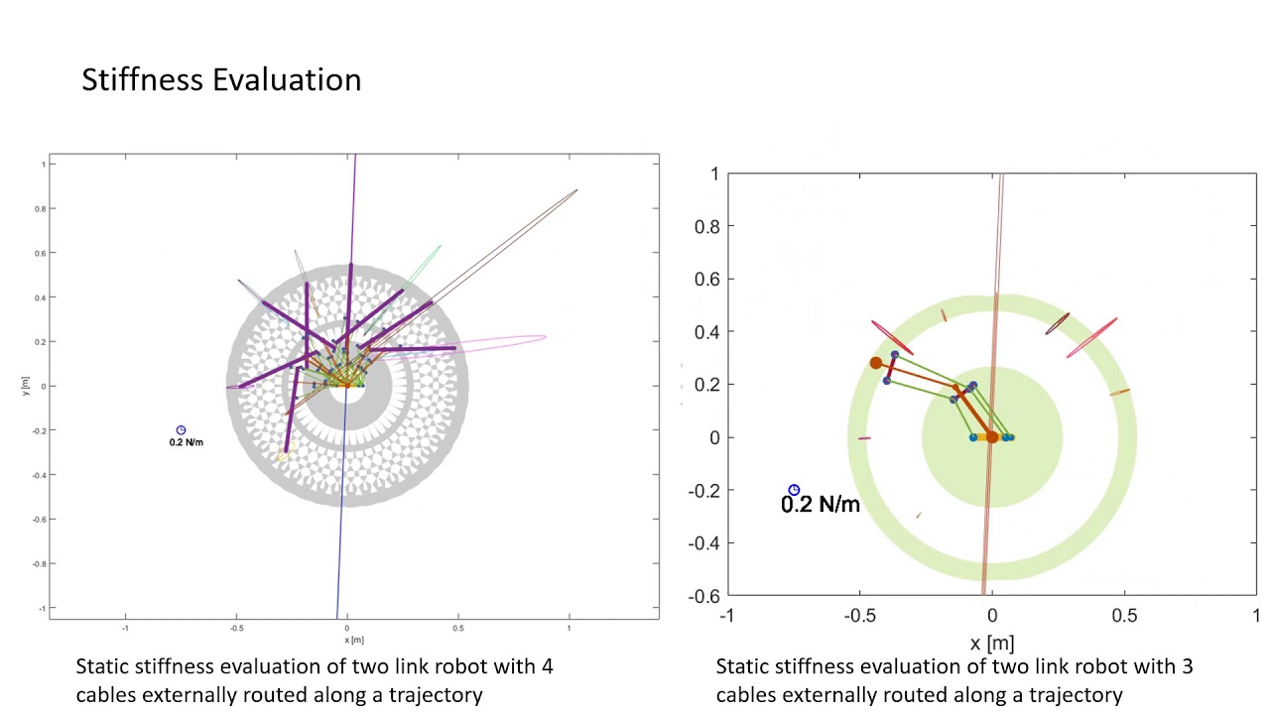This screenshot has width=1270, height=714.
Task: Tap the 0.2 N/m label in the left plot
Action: point(186,442)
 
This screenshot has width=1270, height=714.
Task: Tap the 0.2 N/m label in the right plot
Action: point(820,505)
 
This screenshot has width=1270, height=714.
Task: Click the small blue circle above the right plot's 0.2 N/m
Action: point(794,490)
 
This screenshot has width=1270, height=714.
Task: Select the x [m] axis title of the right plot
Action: point(991,644)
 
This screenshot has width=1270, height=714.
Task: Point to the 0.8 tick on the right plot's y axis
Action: point(706,226)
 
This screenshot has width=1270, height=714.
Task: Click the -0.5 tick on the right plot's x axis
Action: point(859,616)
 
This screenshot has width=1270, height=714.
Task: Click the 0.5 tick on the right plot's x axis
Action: point(1124,616)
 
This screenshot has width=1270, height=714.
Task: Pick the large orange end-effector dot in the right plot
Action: point(876,364)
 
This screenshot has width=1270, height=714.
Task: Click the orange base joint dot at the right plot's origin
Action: point(991,437)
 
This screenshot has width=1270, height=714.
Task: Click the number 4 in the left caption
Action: point(548,666)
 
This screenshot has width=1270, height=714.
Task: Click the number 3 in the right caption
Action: point(1187,666)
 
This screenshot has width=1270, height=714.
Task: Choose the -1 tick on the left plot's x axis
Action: point(125,628)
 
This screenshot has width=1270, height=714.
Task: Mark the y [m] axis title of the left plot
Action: point(26,386)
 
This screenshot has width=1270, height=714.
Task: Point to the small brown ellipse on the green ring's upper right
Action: point(1058,323)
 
